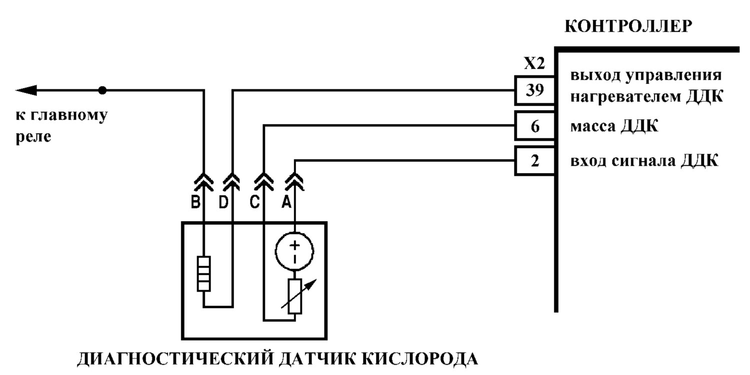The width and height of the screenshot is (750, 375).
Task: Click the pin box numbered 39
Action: [x=534, y=90]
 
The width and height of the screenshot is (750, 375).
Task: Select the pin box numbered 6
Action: [x=534, y=126]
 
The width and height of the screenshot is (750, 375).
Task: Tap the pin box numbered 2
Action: [x=534, y=161]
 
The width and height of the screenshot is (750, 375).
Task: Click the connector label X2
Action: [x=534, y=63]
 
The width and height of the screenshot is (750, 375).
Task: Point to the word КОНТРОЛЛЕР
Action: [x=628, y=26]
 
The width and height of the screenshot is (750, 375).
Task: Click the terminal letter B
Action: [x=195, y=202]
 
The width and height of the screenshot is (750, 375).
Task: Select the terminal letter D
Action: [x=223, y=202]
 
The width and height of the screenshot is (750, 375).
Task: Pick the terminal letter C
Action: [x=255, y=202]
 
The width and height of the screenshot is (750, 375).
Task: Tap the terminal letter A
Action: [x=286, y=202]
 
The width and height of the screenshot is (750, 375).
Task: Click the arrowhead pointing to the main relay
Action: [x=26, y=90]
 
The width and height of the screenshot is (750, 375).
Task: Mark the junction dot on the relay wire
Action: [x=102, y=90]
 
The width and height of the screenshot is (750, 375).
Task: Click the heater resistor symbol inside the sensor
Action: [x=203, y=274]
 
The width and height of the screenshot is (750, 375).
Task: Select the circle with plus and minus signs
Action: [x=294, y=251]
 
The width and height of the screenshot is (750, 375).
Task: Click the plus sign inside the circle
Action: [x=294, y=245]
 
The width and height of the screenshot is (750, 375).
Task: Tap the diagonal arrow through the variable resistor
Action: [x=298, y=294]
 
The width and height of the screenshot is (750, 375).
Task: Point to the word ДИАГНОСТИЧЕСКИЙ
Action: [x=175, y=360]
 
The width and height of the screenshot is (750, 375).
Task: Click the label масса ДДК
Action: [x=614, y=126]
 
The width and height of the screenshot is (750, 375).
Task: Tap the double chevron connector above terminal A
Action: [x=294, y=182]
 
